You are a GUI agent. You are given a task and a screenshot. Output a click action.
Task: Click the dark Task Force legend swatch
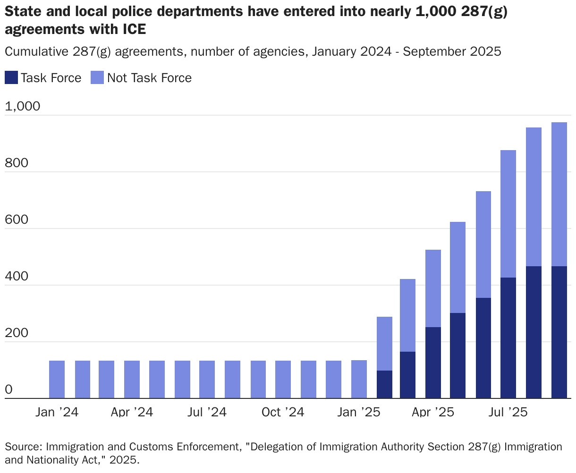tap(12, 78)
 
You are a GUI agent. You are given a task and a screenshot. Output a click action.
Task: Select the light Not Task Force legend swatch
tap(97, 78)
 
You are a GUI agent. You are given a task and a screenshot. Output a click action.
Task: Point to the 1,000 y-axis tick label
tap(23, 107)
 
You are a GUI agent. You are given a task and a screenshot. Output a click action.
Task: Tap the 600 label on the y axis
tap(16, 220)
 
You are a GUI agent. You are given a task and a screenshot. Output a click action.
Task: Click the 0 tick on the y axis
tap(9, 390)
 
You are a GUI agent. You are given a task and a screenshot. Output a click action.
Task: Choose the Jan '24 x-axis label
tap(57, 412)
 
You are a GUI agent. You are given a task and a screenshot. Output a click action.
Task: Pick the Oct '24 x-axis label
tap(283, 412)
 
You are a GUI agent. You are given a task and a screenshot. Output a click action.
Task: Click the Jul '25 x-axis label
tap(508, 412)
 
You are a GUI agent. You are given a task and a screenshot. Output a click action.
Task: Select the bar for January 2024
tap(57, 380)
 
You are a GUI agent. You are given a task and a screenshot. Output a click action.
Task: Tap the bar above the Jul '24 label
tap(207, 380)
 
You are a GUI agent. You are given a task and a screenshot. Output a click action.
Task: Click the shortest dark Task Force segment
tap(384, 385)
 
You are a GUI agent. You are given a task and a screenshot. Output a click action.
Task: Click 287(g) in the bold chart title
tap(487, 12)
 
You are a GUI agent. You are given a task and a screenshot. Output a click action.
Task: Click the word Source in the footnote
tap(22, 447)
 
